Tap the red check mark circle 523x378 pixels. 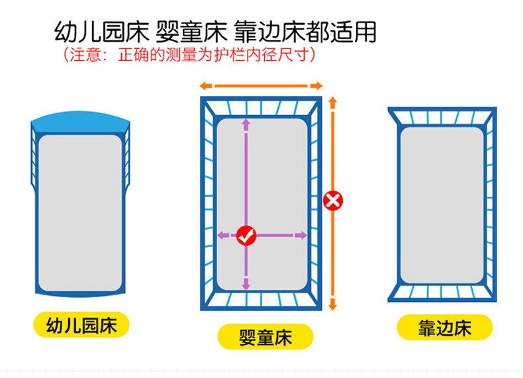(246, 234)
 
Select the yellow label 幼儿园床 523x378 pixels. (81, 325)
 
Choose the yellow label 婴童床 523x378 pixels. (265, 337)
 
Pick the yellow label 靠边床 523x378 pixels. (444, 328)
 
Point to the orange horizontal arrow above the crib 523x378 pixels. (261, 85)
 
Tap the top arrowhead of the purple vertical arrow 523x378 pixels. (246, 123)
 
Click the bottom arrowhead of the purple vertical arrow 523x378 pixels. (246, 285)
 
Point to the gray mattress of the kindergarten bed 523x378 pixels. (80, 212)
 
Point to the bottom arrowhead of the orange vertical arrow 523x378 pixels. (333, 305)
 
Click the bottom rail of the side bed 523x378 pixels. (440, 292)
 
